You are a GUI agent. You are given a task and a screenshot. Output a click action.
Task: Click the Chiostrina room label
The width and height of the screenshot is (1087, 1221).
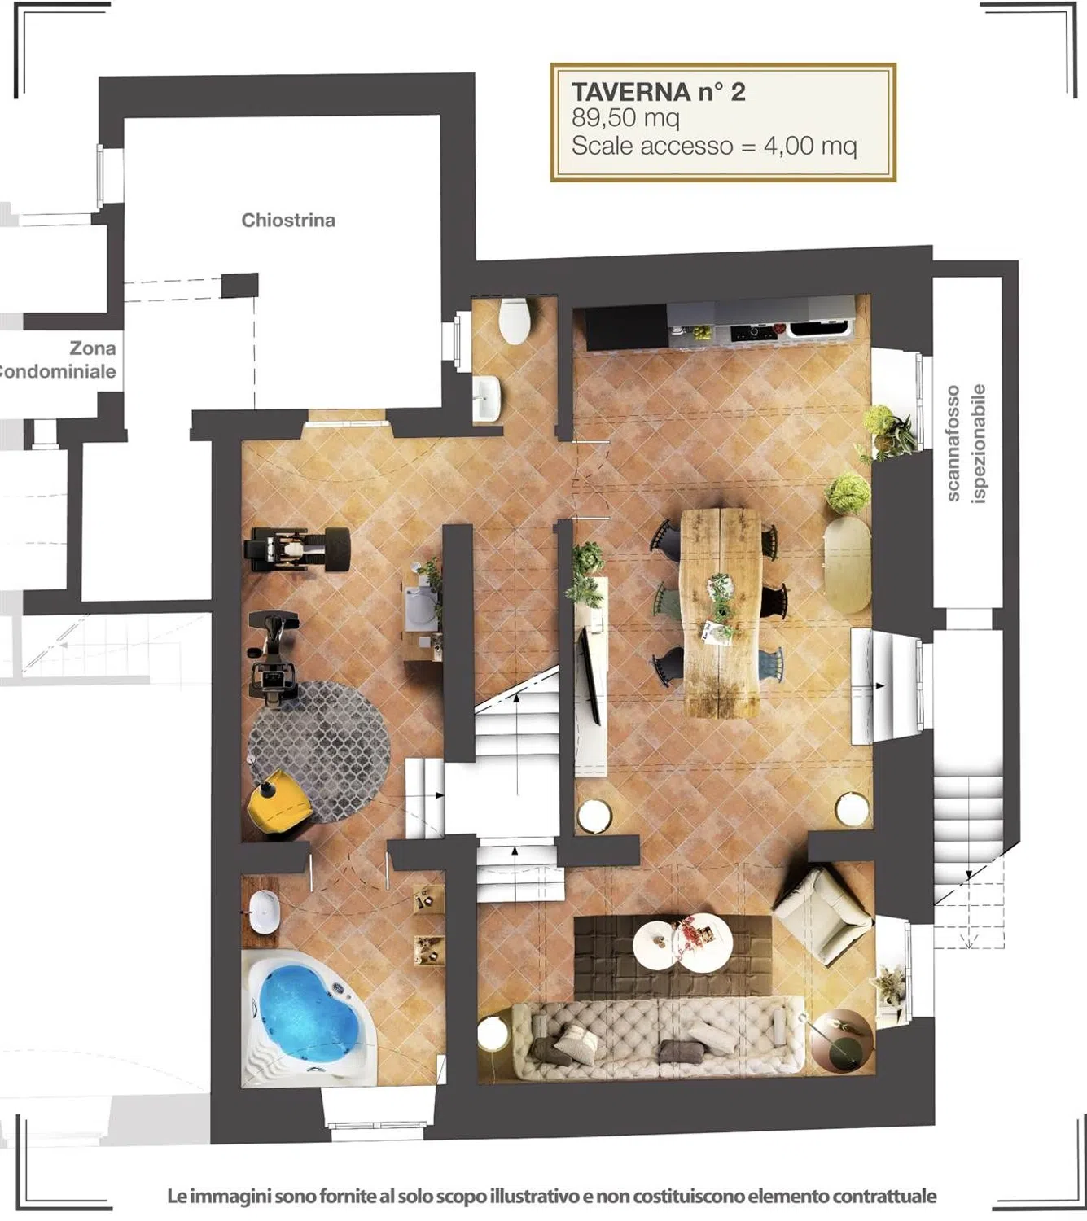click(x=288, y=221)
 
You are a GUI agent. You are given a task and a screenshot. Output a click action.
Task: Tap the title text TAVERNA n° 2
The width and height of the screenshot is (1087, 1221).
click(x=659, y=92)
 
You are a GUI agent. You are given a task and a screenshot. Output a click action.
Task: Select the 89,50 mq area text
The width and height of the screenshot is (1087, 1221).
click(x=625, y=118)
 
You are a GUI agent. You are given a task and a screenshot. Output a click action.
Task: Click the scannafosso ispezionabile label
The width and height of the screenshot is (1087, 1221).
click(x=966, y=443)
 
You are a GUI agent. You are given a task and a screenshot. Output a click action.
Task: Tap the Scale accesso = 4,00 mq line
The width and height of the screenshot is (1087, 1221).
click(x=714, y=147)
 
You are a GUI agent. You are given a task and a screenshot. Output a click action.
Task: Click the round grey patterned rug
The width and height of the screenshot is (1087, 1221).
click(x=319, y=751)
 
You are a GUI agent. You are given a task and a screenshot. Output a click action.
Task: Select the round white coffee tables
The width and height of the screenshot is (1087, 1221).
click(x=682, y=943)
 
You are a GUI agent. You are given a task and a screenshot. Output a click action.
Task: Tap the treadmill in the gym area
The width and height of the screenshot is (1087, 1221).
click(x=296, y=549)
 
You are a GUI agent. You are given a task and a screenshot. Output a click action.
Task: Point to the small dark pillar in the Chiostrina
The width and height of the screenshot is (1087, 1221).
click(x=239, y=285)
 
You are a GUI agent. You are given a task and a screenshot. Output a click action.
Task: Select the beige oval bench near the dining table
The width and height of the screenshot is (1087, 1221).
click(x=848, y=564)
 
